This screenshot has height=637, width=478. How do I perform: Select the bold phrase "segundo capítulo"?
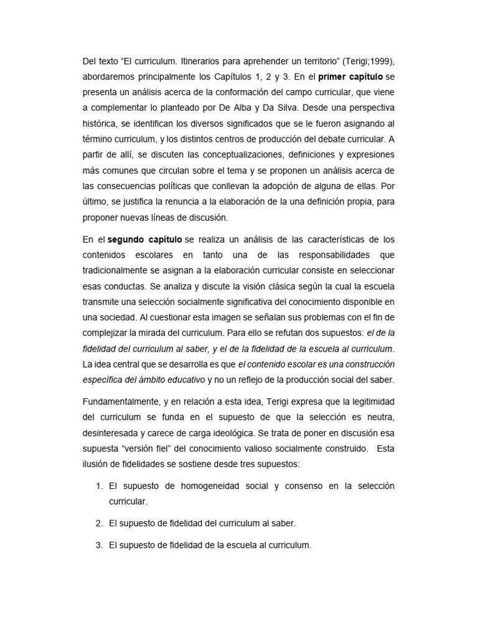[x=145, y=239]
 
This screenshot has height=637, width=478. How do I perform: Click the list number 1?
[x=98, y=485]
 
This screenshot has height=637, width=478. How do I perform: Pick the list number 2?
[x=98, y=523]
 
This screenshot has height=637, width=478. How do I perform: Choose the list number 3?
[x=98, y=545]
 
